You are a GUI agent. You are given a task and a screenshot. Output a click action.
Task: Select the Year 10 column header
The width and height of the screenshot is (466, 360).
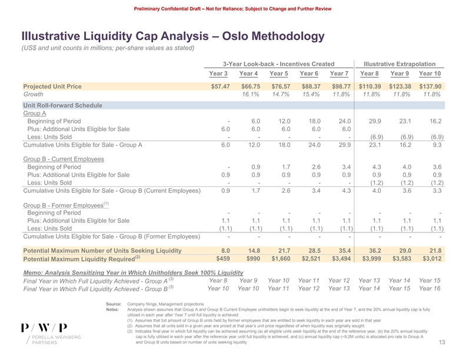point(430,74)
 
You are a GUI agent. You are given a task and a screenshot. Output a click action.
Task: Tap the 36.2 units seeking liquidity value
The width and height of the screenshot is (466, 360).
point(371,251)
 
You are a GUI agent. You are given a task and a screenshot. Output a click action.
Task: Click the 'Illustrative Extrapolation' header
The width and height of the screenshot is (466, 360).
point(400,63)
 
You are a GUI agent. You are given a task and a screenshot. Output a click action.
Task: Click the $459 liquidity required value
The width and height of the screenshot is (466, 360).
point(222,259)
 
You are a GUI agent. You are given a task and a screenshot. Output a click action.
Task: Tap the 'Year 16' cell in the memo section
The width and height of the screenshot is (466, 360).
point(430,288)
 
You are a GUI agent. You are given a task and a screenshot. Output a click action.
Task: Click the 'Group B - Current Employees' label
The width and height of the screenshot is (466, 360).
point(63,159)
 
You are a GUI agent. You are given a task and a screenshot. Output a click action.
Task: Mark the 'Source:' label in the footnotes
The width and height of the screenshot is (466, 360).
point(113,304)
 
